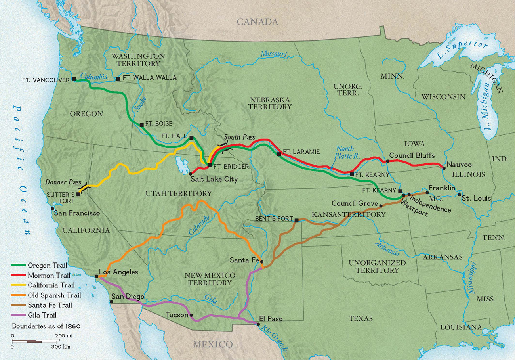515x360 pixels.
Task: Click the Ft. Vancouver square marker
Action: click(74, 79)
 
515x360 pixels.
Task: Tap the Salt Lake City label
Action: click(214, 179)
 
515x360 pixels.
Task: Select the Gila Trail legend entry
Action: click(42, 315)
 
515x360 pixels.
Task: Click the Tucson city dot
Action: click(192, 315)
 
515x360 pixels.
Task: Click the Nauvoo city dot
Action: click(443, 167)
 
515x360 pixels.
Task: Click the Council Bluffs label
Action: click(412, 155)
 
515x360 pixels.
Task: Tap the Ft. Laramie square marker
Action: click(279, 154)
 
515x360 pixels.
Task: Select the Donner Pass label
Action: click(63, 182)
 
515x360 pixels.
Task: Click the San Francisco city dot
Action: click(53, 208)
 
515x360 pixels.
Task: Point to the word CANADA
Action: click(257, 22)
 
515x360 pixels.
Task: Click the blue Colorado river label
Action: click(199, 225)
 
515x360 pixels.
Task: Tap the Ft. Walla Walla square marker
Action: click(118, 79)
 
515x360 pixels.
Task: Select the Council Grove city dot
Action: click(381, 206)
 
